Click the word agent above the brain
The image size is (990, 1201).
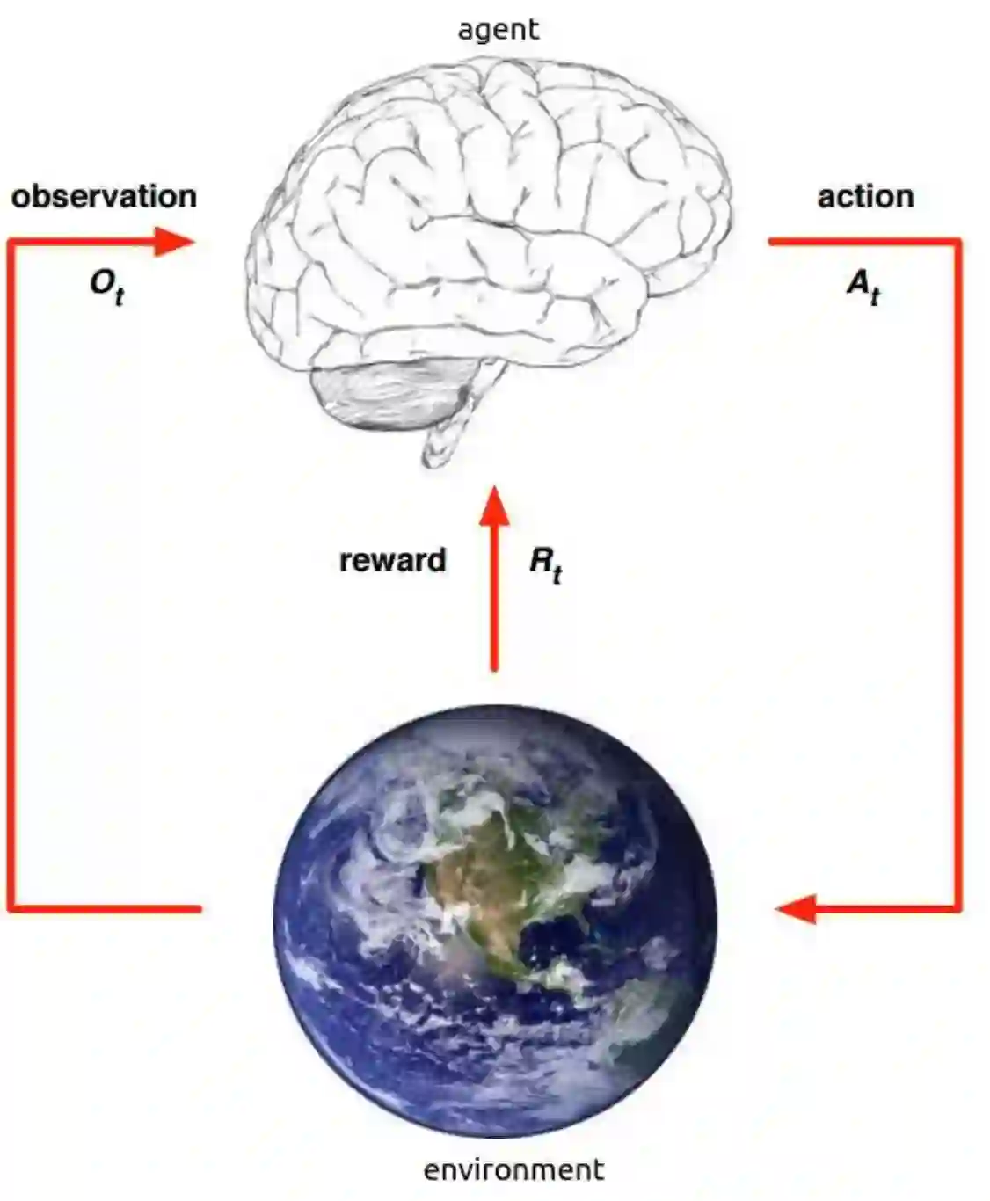[x=498, y=30]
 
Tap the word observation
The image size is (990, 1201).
[x=104, y=196]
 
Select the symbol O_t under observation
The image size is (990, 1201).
[x=106, y=285]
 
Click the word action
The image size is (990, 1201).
[x=865, y=196]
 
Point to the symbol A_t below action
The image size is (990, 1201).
[x=863, y=285]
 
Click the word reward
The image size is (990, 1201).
[x=393, y=560]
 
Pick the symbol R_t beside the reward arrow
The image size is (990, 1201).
[x=545, y=562]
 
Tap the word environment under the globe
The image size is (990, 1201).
[x=513, y=1170]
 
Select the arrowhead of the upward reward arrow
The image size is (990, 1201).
[x=494, y=507]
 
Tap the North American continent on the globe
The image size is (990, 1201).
[x=492, y=870]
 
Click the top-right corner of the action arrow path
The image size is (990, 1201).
[x=957, y=241]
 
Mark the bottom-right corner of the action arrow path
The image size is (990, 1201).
[x=957, y=908]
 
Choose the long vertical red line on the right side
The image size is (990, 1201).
[x=957, y=571]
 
